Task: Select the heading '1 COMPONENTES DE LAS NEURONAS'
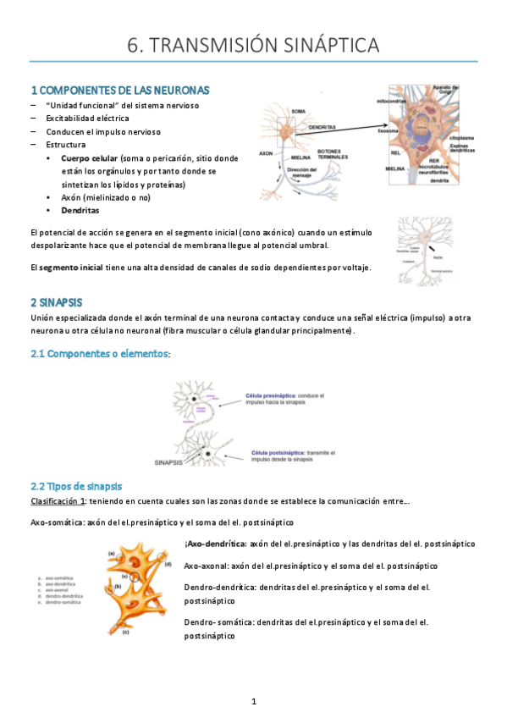(119, 90)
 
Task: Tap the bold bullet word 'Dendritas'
(80, 209)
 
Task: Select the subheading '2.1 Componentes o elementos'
(99, 353)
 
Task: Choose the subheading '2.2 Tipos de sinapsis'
(76, 486)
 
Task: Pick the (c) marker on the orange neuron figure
(125, 632)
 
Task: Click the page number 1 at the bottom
(253, 701)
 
